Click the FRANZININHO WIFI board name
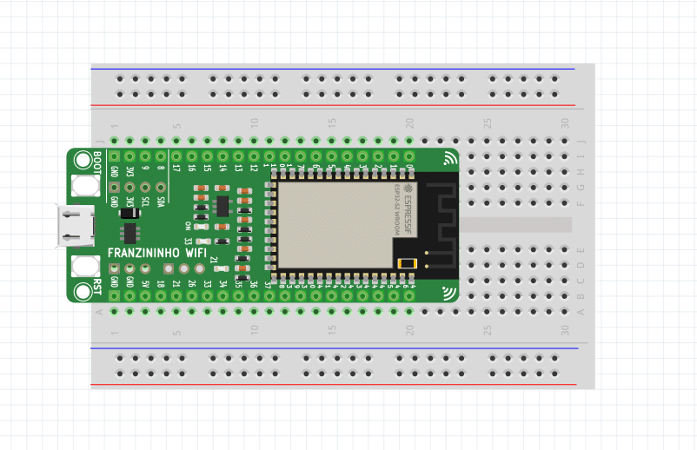click(157, 253)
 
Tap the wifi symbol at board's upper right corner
click(449, 158)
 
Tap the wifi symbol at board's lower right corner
click(449, 292)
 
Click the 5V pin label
click(145, 283)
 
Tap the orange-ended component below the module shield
click(406, 263)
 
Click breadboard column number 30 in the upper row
click(565, 122)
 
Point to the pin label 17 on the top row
click(176, 168)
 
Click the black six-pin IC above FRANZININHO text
click(130, 233)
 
